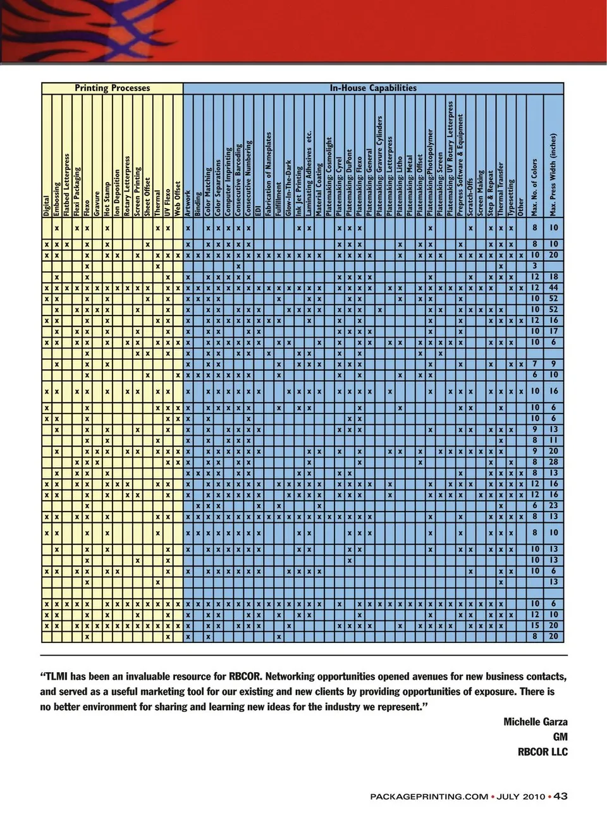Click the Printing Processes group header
[113, 88]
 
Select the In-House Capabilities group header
[373, 88]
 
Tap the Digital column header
[47, 206]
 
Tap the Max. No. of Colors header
[535, 187]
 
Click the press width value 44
[554, 288]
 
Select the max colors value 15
[536, 625]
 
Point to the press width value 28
[554, 462]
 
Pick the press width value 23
[554, 506]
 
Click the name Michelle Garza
[535, 721]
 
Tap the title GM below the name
[560, 737]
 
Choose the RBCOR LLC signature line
[543, 752]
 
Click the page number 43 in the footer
[560, 796]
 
